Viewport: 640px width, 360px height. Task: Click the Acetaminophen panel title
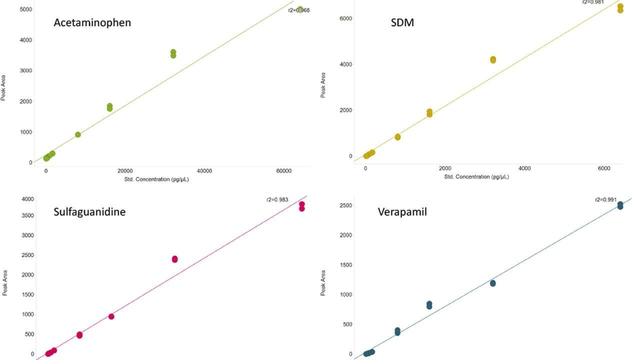click(x=92, y=22)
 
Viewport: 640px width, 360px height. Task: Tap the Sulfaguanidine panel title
click(x=89, y=211)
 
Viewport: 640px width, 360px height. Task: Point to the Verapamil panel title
click(x=402, y=211)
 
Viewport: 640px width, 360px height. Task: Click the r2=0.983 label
click(x=277, y=200)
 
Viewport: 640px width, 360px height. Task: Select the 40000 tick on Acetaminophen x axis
click(x=204, y=171)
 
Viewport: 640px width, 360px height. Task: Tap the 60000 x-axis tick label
click(x=283, y=171)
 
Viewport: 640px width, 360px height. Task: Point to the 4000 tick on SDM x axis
click(x=524, y=168)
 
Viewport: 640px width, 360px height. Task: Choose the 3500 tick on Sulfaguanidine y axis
click(x=26, y=215)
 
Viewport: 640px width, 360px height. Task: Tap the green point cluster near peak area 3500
click(x=173, y=53)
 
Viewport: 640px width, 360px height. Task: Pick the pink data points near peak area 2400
click(x=174, y=259)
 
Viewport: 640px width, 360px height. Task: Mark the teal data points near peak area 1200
click(x=492, y=283)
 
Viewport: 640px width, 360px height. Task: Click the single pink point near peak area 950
click(x=111, y=316)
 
